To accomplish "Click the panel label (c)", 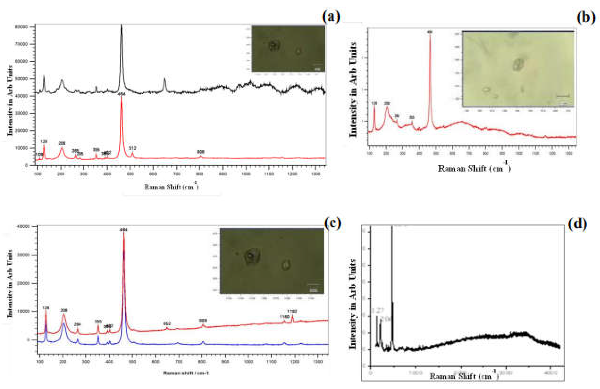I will (333, 223).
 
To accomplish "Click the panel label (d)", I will (578, 224).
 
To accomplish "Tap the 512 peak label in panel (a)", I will (133, 148).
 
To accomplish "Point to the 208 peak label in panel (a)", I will (62, 143).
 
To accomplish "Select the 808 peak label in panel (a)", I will (201, 152).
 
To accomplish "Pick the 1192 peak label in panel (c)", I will (292, 312).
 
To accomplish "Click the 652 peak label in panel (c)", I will (167, 324).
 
